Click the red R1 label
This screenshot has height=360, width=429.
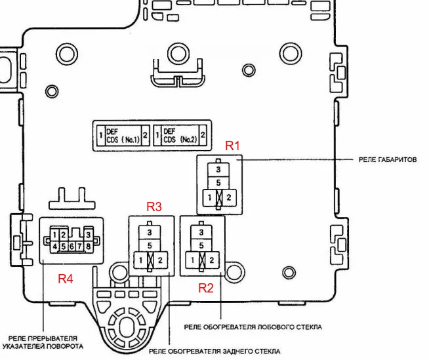click(234, 146)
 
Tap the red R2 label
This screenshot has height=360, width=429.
click(206, 287)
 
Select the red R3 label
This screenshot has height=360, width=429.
click(154, 207)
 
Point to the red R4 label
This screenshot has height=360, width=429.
click(66, 278)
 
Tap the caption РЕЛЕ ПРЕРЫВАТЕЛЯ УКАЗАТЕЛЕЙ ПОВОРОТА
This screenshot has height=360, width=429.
click(43, 341)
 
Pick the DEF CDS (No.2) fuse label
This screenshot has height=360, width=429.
click(180, 136)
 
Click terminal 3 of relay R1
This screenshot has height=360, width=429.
click(218, 169)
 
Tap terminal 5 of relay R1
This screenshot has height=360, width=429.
click(218, 182)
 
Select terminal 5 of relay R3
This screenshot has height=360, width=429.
click(150, 245)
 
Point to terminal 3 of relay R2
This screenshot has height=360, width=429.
click(201, 231)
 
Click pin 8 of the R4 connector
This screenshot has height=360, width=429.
click(88, 247)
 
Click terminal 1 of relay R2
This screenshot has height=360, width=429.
click(192, 260)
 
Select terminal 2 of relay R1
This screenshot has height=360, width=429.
click(228, 197)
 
